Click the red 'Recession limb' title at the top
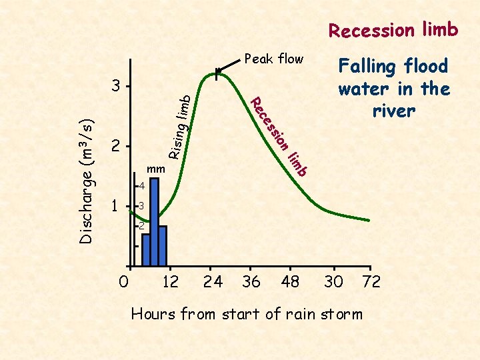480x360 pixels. pyautogui.click(x=393, y=30)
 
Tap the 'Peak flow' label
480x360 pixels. pyautogui.click(x=274, y=59)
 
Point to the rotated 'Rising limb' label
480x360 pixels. pyautogui.click(x=180, y=127)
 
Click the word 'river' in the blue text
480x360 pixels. pyautogui.click(x=393, y=111)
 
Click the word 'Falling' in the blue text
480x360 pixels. pyautogui.click(x=367, y=66)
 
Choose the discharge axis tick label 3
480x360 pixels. pyautogui.click(x=117, y=87)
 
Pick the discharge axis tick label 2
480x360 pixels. pyautogui.click(x=117, y=146)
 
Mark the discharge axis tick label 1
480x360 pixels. pyautogui.click(x=116, y=206)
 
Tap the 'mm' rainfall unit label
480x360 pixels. pyautogui.click(x=155, y=169)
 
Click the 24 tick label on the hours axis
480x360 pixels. pyautogui.click(x=213, y=282)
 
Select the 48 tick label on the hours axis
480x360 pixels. pyautogui.click(x=291, y=282)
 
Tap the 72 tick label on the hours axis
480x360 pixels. pyautogui.click(x=371, y=282)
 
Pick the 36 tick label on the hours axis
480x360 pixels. pyautogui.click(x=251, y=282)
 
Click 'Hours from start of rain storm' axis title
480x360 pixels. pyautogui.click(x=247, y=313)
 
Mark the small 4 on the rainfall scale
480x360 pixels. pyautogui.click(x=141, y=186)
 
